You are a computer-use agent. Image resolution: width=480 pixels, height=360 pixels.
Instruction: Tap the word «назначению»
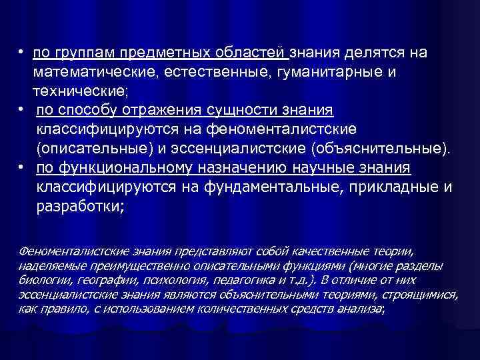239,167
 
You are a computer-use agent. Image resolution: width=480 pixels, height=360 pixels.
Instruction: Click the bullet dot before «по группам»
23,53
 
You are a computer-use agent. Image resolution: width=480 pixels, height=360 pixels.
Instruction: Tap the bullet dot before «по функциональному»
23,167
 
